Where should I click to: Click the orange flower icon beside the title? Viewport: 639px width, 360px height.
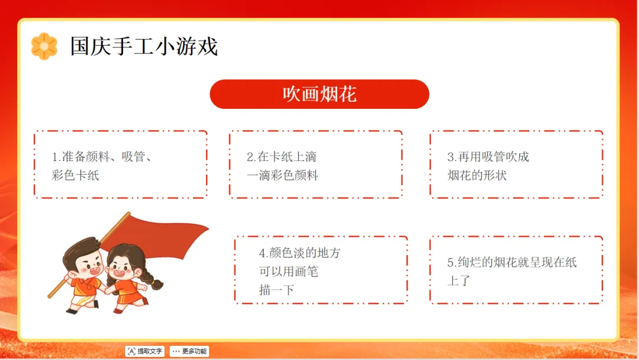coord(44,46)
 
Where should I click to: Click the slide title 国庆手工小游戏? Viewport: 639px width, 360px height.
coord(144,46)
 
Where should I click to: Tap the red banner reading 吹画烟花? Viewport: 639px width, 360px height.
coord(319,94)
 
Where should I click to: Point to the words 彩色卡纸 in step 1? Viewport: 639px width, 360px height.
coord(75,175)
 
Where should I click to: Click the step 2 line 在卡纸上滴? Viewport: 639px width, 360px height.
coord(282,156)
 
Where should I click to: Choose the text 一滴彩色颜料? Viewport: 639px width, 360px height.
coord(282,175)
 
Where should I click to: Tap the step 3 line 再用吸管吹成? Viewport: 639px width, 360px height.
coord(488,156)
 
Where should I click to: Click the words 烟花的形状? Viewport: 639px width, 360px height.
coord(477,175)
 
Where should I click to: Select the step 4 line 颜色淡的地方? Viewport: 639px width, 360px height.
coord(299,253)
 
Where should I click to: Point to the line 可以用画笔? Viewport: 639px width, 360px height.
coord(289,272)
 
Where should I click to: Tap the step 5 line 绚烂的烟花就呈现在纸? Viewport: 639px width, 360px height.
coord(512,262)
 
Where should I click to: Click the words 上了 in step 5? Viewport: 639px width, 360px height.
coord(459,281)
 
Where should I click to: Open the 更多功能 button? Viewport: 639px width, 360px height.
coord(189,351)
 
